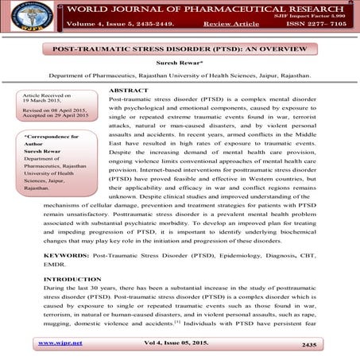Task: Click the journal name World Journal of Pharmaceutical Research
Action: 198,10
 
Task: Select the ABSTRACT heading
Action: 129,91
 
